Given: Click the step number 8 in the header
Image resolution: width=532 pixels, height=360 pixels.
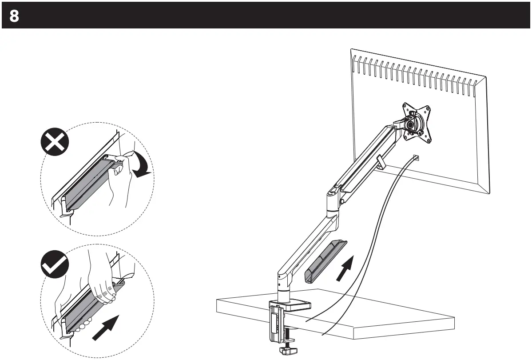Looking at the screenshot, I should coord(14,16).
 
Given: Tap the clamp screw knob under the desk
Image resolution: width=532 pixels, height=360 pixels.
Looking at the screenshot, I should coord(286,350).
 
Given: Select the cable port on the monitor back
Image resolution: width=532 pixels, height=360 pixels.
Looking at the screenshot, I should coord(416,157).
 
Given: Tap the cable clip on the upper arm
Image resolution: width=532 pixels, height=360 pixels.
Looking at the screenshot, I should coord(380,162).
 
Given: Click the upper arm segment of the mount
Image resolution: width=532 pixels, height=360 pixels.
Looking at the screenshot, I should coord(364,160).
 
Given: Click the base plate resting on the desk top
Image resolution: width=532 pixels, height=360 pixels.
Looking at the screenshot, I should coord(295,306).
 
